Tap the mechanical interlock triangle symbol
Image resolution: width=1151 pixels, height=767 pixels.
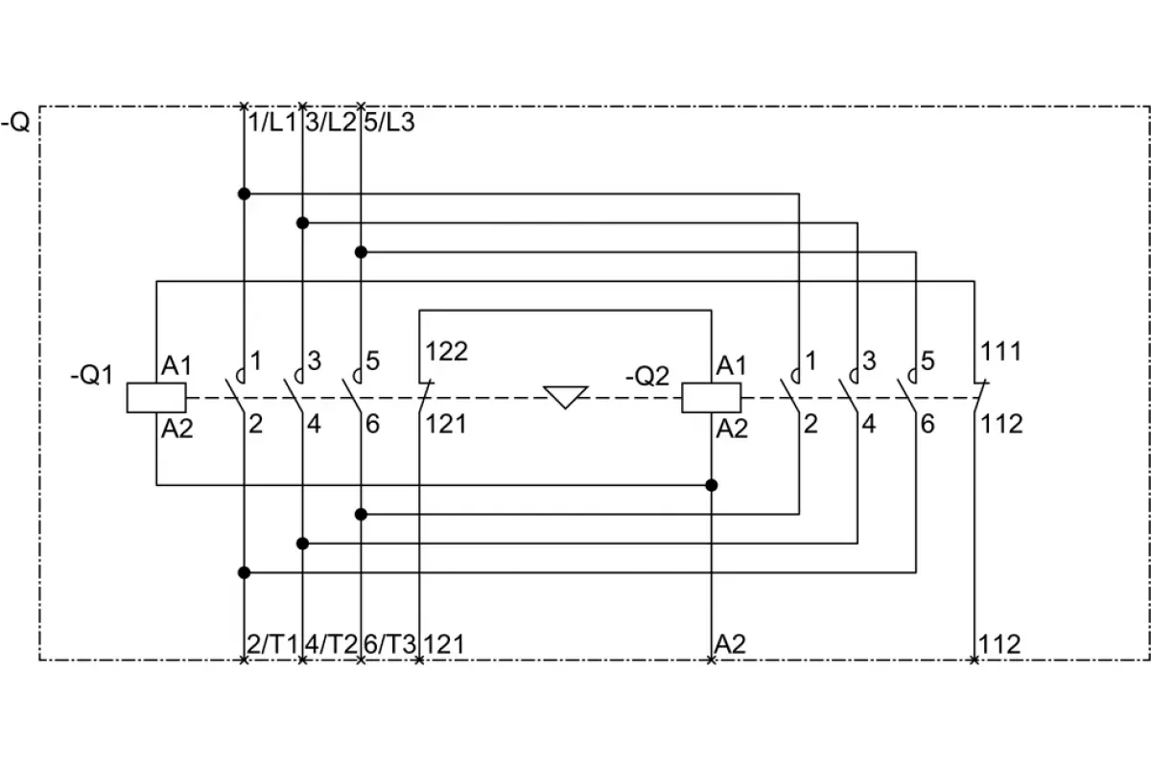pos(565,397)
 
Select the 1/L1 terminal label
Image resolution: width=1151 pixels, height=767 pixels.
pos(272,123)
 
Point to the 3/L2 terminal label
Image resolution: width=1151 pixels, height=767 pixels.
pos(331,123)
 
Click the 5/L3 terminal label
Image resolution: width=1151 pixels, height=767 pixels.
pos(389,123)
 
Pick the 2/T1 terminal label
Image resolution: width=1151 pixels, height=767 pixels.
pos(272,644)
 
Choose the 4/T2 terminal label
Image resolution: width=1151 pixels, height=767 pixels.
pos(331,644)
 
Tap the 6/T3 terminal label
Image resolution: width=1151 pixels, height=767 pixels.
pos(389,644)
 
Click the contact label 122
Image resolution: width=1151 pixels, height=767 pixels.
pos(447,352)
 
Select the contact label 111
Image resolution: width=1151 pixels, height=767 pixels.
pos(1001,352)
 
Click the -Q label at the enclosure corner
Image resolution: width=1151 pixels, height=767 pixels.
pos(15,123)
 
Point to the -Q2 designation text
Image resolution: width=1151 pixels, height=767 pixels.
pos(647,376)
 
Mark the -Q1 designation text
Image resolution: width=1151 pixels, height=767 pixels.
pos(91,375)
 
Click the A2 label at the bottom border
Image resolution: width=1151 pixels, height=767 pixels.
pos(730,644)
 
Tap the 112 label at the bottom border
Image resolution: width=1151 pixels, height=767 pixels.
pos(999,644)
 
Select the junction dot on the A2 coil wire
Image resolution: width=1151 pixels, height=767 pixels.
pos(711,485)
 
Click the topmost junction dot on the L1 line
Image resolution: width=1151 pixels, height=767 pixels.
pos(244,194)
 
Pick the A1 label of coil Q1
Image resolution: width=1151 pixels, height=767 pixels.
pos(176,366)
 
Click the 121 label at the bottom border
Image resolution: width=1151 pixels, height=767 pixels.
pos(444,644)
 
